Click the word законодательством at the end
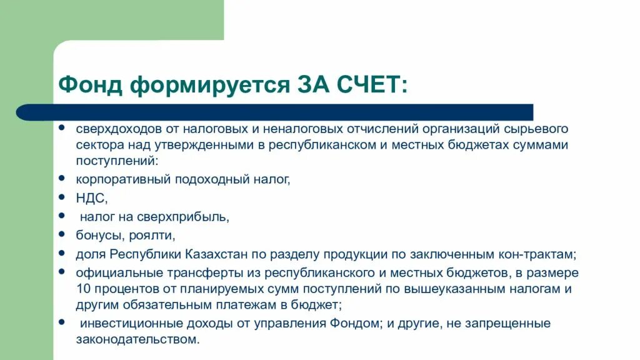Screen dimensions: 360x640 (137, 340)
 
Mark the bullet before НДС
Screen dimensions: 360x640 (62, 196)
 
